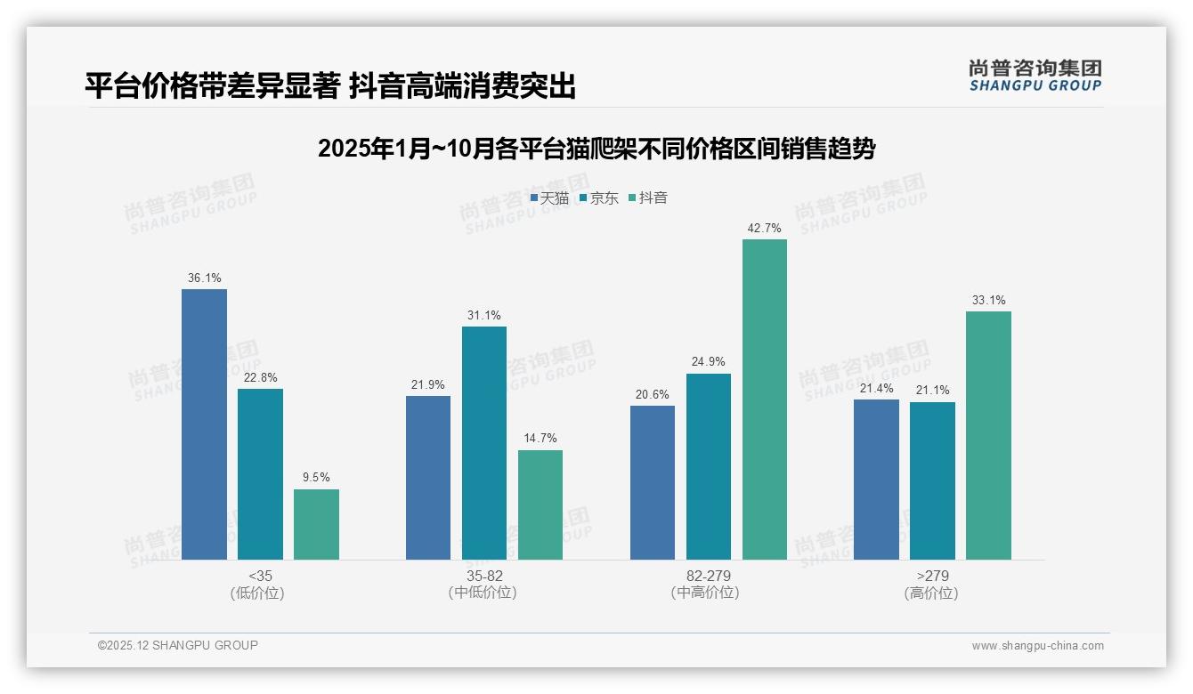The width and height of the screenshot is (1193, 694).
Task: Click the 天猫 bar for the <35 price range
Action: [204, 424]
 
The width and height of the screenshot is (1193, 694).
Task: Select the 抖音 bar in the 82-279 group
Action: [765, 399]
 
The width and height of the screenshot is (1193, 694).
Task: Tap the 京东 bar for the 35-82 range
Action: [484, 443]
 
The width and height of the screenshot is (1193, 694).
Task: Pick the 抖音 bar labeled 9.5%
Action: [316, 524]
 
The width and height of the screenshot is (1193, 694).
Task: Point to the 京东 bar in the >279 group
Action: [932, 480]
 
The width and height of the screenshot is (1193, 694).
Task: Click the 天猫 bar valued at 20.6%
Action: [653, 482]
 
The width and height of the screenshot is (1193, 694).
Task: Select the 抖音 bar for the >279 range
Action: [988, 435]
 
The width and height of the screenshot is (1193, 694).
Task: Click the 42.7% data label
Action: [765, 229]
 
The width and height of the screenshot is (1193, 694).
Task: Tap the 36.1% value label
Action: [204, 278]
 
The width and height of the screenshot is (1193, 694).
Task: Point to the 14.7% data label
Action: [540, 439]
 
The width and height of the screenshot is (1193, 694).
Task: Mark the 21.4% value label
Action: [876, 389]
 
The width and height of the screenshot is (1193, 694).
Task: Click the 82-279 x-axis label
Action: [709, 577]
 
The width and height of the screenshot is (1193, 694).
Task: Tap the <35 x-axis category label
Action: [260, 577]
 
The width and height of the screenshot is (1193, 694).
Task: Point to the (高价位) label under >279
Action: [932, 593]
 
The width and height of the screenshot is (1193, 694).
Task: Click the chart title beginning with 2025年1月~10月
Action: [596, 149]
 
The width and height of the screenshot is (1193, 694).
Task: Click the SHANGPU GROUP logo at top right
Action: [1035, 76]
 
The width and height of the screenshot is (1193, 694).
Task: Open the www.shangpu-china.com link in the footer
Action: [1037, 646]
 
